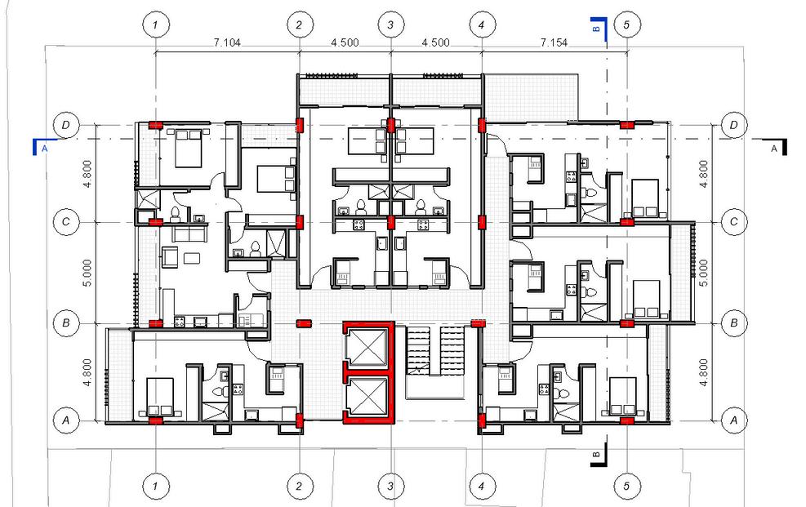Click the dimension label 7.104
(227, 42)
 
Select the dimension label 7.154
(554, 42)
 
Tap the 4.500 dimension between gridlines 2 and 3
(345, 42)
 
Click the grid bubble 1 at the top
(156, 24)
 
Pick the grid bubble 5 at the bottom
(626, 486)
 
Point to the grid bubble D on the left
(66, 125)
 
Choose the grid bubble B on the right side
(733, 323)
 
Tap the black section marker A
(776, 147)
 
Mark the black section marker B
(599, 455)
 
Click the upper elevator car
(367, 347)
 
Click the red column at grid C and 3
(390, 222)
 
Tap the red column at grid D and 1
(156, 125)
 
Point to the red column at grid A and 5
(626, 420)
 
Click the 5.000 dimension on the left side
(87, 273)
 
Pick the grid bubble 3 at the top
(390, 24)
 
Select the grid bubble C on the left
(66, 222)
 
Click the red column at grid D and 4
(482, 125)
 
